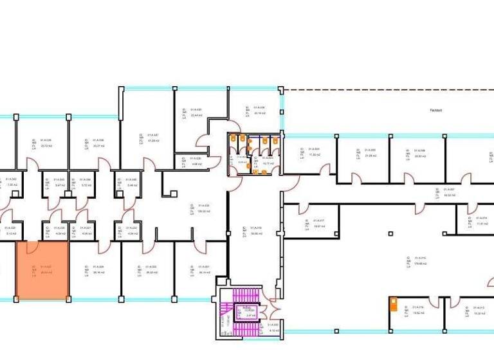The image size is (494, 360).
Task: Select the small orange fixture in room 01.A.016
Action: tap(392, 303)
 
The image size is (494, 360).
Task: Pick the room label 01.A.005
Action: tap(369, 152)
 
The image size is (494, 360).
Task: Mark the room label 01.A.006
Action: tap(419, 153)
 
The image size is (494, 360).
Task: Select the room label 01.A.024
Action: tap(98, 269)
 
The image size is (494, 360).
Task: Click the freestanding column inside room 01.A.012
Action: tap(390, 234)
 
